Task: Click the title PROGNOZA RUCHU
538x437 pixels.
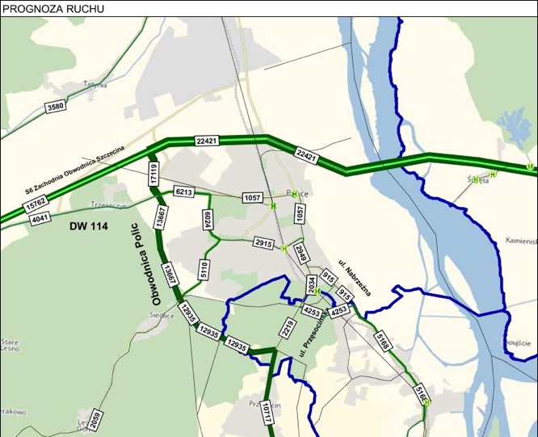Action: pyautogui.click(x=42, y=8)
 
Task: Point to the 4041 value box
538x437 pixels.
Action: pyautogui.click(x=40, y=216)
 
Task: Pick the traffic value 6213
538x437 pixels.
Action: pyautogui.click(x=183, y=191)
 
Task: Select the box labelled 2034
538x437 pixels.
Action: pyautogui.click(x=311, y=284)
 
